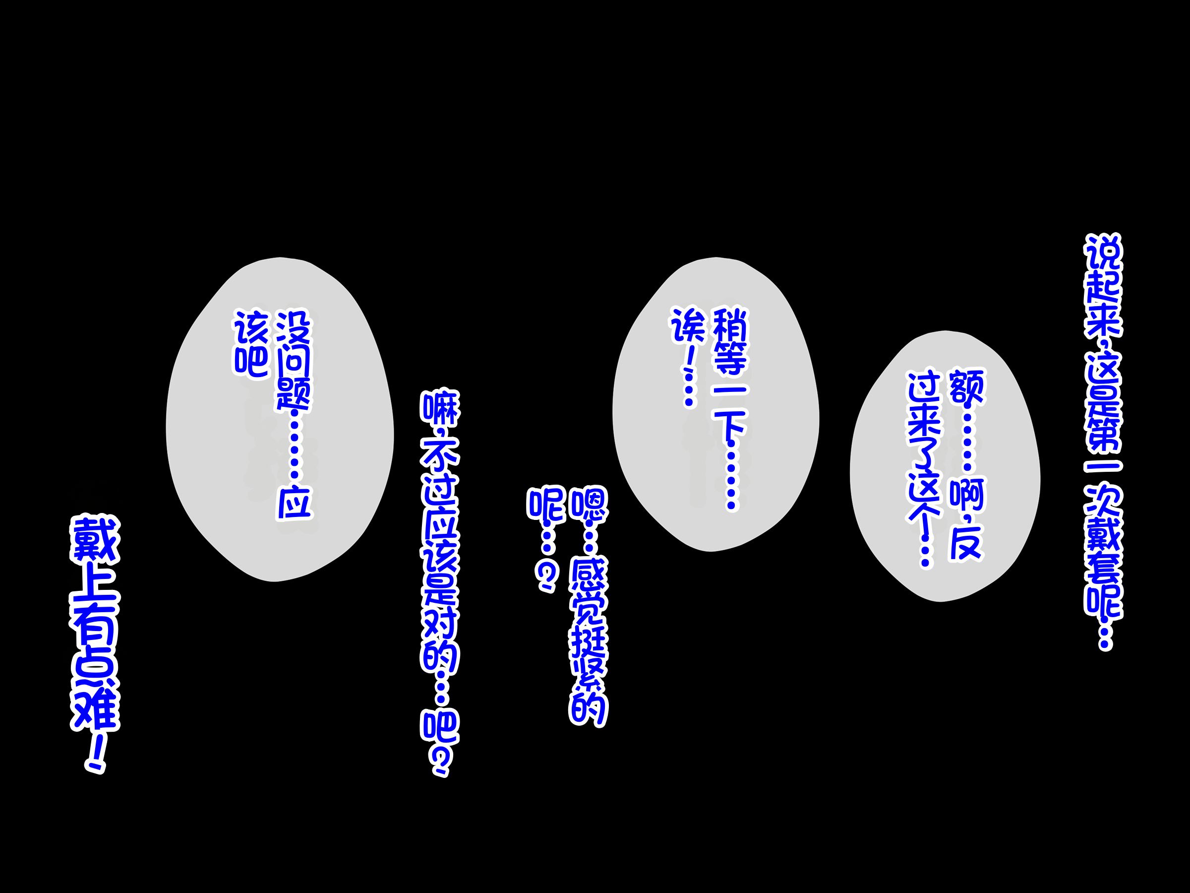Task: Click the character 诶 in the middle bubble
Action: (x=688, y=325)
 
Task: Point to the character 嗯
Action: (x=588, y=506)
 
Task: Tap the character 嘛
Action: (x=440, y=410)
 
